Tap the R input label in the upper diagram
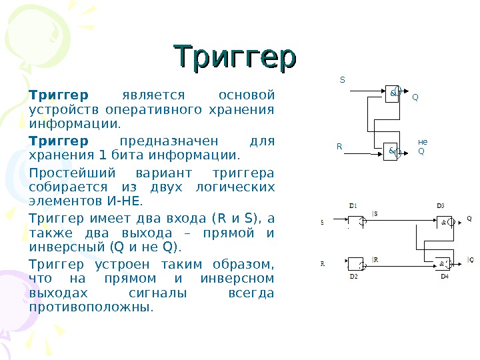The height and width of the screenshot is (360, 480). coord(339,145)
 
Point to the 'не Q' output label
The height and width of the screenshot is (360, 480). coord(422,146)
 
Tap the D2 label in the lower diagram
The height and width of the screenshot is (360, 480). coord(353,275)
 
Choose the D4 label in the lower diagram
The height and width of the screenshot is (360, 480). coord(445,275)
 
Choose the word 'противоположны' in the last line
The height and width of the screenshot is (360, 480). coord(91,307)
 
